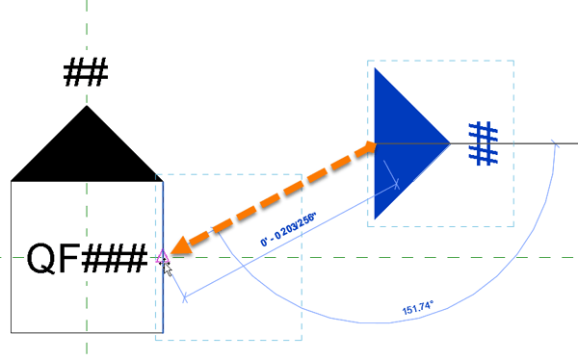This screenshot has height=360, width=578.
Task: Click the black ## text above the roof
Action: click(86, 73)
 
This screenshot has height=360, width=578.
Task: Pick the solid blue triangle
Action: click(403, 142)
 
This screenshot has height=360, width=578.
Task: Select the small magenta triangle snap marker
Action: click(162, 256)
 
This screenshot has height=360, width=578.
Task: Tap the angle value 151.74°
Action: click(417, 310)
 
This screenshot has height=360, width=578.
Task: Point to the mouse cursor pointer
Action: click(168, 268)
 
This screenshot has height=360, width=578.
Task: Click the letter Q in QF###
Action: click(42, 258)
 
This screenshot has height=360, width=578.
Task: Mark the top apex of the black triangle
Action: click(87, 107)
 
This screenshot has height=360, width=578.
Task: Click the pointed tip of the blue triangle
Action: click(449, 143)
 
